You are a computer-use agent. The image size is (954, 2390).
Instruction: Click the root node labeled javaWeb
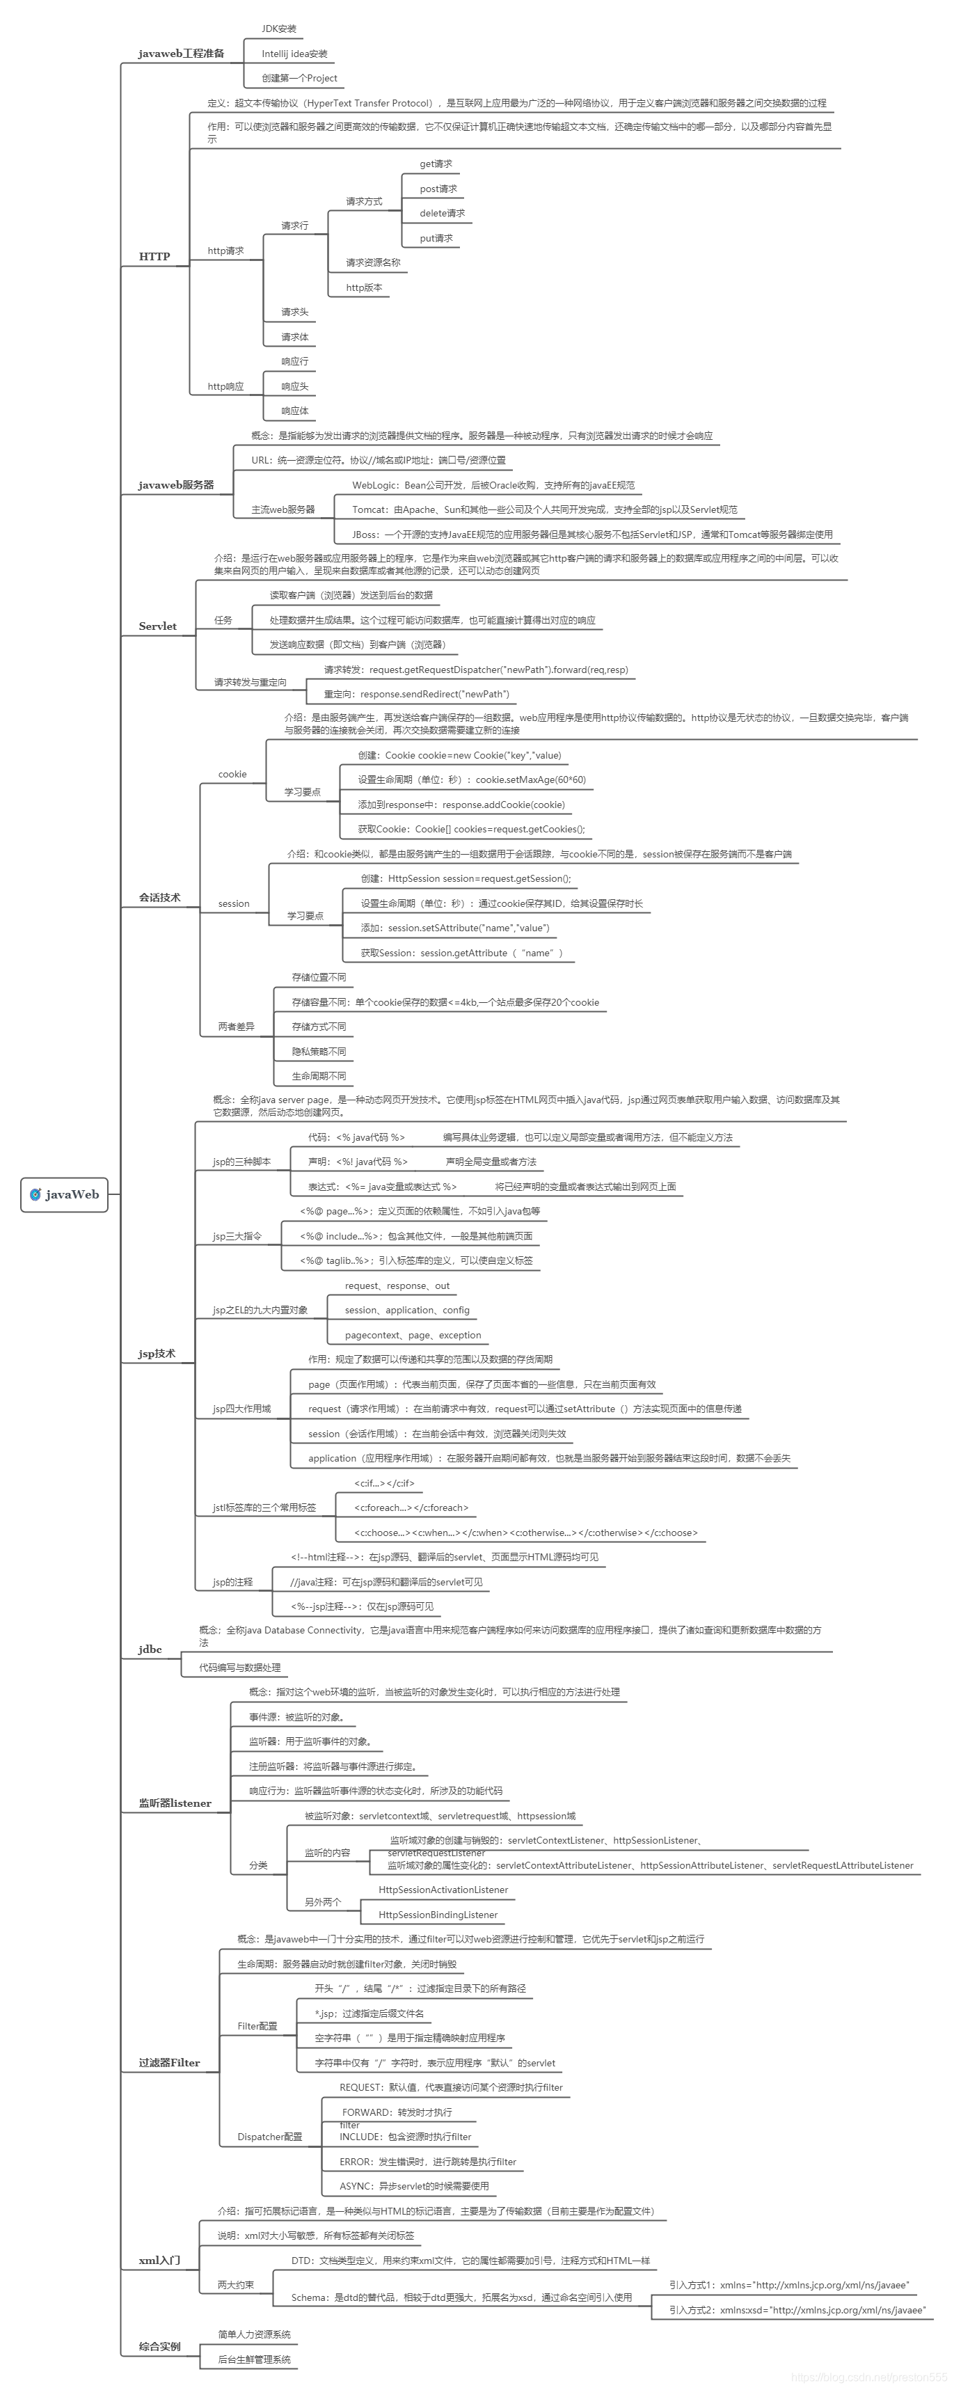click(x=64, y=1194)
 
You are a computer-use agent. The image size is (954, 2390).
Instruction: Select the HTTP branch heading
click(x=154, y=257)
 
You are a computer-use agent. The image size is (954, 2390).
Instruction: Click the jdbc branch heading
click(x=150, y=1649)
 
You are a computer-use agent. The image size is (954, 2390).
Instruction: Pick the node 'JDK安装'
click(x=278, y=29)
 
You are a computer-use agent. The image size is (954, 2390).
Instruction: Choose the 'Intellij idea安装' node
click(x=294, y=54)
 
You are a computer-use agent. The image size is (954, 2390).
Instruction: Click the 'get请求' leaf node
click(x=435, y=164)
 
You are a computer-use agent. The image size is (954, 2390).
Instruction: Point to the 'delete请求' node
click(x=442, y=214)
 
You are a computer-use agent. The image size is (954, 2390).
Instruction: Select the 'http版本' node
click(x=364, y=287)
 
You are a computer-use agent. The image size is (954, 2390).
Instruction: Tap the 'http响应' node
click(x=225, y=386)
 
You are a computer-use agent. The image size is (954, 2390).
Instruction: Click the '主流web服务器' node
click(x=283, y=509)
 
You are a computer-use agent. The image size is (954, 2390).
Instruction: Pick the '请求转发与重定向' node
click(x=251, y=682)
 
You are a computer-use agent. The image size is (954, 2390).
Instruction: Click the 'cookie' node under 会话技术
click(x=232, y=774)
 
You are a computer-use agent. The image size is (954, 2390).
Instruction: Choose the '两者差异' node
click(x=236, y=1026)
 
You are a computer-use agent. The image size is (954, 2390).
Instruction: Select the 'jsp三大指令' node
click(x=237, y=1236)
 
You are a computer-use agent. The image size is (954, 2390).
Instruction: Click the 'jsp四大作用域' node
click(x=242, y=1409)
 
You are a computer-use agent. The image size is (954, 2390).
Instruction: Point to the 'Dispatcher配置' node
click(x=269, y=2137)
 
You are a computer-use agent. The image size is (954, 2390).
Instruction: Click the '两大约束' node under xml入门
click(x=236, y=2284)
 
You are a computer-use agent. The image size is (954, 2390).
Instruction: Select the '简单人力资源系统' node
click(x=254, y=2334)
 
